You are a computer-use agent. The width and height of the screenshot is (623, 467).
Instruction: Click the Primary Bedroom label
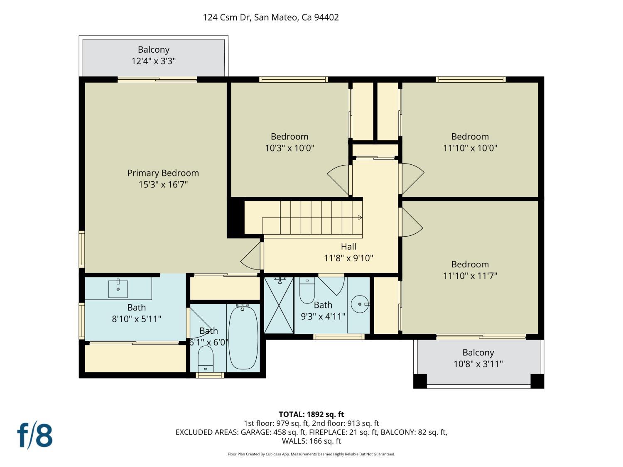click(163, 173)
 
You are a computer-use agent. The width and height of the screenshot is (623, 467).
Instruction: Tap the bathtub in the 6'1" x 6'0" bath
click(243, 337)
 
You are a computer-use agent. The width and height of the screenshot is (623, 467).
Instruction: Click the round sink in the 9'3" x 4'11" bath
click(360, 304)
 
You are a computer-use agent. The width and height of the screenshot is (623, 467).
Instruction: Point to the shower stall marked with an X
click(279, 305)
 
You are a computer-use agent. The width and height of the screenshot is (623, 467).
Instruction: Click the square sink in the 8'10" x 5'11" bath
click(118, 289)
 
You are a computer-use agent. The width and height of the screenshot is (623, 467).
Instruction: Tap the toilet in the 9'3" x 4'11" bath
click(307, 291)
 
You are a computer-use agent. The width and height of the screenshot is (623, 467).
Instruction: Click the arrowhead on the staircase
click(360, 218)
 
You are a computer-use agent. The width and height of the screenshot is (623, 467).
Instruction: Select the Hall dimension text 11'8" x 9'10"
click(348, 258)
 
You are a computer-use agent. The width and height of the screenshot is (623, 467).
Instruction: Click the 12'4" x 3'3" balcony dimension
click(153, 61)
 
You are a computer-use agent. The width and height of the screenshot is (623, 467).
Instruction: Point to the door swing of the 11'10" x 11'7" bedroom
click(411, 222)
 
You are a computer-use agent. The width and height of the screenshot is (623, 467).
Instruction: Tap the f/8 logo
click(35, 435)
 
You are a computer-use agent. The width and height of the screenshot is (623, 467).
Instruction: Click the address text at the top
click(270, 17)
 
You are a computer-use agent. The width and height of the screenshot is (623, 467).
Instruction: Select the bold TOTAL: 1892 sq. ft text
click(311, 414)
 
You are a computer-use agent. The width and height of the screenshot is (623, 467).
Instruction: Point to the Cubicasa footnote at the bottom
click(311, 454)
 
